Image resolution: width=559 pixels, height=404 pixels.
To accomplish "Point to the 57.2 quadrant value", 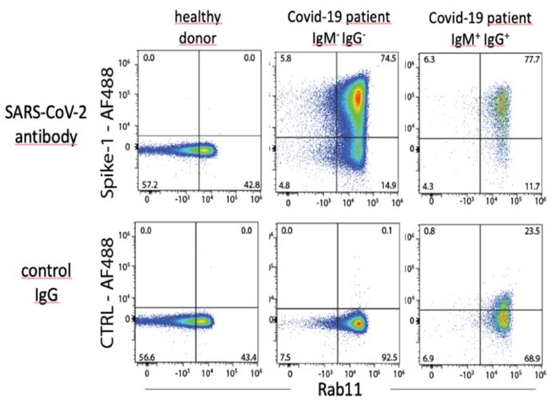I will click(x=149, y=184).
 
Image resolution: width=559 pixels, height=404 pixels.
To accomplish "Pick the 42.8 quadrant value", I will click(x=253, y=184).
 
